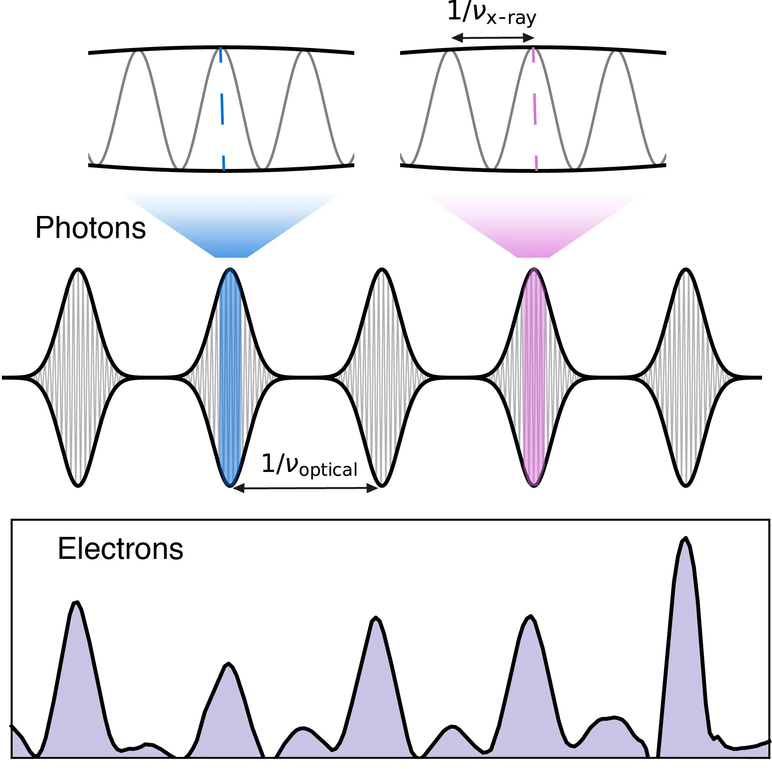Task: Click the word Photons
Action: point(91,228)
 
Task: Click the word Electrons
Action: point(120,549)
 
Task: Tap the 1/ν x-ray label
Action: point(491,14)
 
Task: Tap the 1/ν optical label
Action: point(309,465)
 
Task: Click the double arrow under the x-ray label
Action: point(492,38)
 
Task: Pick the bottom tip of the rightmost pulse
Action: point(686,485)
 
